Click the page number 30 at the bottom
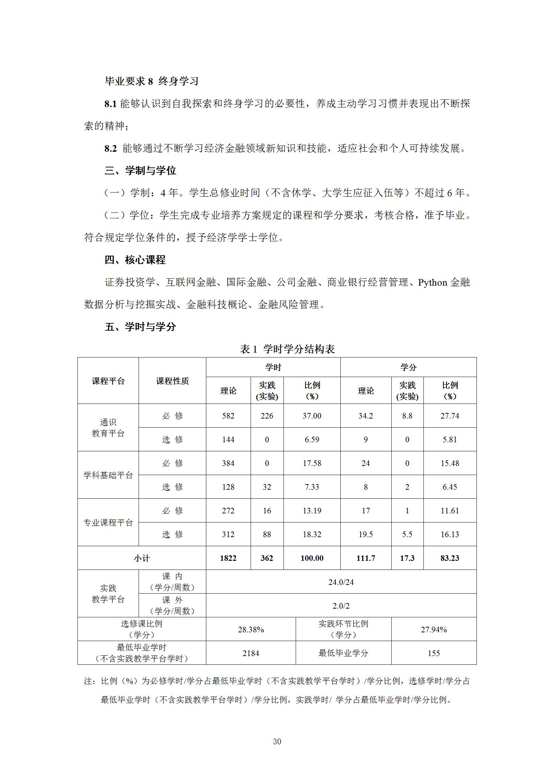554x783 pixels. (277, 741)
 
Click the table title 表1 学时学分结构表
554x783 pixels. (287, 349)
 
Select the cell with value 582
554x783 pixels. (228, 416)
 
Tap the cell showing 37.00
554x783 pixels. (312, 416)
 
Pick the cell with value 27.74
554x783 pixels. (450, 416)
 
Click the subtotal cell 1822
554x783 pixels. (228, 558)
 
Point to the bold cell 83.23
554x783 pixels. (450, 558)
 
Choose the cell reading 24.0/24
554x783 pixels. (341, 582)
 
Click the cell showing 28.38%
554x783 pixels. (251, 630)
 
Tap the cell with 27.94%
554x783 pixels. (434, 630)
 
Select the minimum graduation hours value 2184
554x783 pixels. (251, 653)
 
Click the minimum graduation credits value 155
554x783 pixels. (434, 653)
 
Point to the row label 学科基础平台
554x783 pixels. (108, 475)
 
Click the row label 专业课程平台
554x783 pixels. (108, 522)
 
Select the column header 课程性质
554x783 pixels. (172, 381)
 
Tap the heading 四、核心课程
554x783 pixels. (135, 260)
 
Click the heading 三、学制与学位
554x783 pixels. (140, 171)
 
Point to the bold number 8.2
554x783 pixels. (110, 149)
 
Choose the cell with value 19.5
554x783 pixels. (365, 534)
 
